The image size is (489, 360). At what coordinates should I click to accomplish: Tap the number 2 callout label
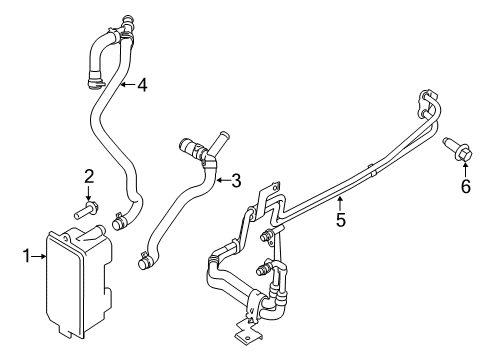click(88, 177)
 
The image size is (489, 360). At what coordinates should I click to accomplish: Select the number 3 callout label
click(236, 181)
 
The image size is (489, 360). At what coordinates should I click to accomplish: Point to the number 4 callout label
click(142, 85)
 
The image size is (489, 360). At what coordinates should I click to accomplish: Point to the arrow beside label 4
click(127, 85)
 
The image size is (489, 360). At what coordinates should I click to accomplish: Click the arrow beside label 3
click(221, 181)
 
